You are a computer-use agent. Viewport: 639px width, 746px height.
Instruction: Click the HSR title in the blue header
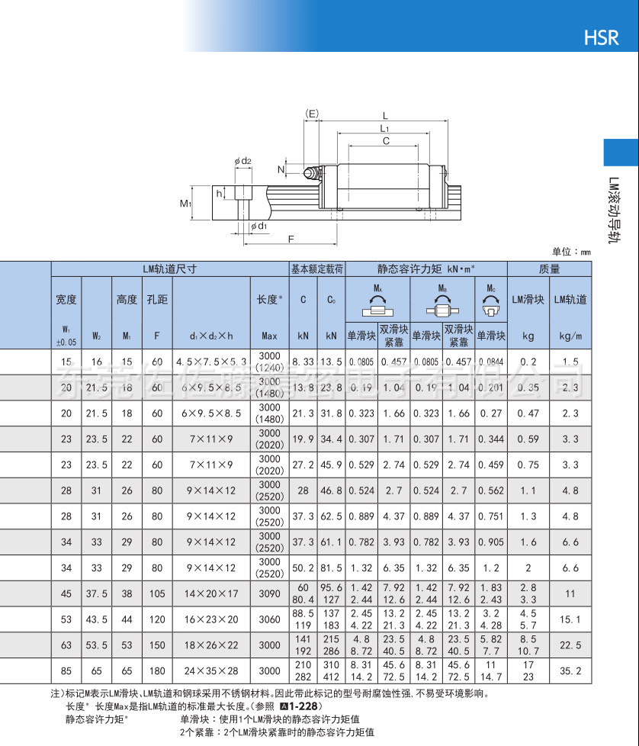(x=601, y=37)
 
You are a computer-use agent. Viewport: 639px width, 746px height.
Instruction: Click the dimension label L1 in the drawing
(x=386, y=129)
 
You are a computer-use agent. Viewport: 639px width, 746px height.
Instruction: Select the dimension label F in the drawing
(x=291, y=240)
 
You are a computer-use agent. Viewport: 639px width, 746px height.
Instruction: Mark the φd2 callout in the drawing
(x=243, y=161)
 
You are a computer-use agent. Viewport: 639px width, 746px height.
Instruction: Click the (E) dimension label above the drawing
(x=312, y=114)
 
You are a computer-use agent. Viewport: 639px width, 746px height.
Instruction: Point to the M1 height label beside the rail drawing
(x=185, y=204)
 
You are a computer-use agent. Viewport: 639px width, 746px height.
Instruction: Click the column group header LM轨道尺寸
(x=169, y=268)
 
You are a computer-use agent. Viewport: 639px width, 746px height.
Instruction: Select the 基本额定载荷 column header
(x=317, y=268)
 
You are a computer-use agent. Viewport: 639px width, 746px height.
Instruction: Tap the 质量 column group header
(x=549, y=268)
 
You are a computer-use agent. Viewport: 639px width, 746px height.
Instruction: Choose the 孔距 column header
(x=156, y=300)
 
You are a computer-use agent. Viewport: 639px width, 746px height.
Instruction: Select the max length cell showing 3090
(x=269, y=593)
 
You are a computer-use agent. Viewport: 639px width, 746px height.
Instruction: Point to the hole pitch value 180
(x=156, y=671)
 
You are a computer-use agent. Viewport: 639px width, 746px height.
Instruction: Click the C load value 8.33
(x=303, y=362)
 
